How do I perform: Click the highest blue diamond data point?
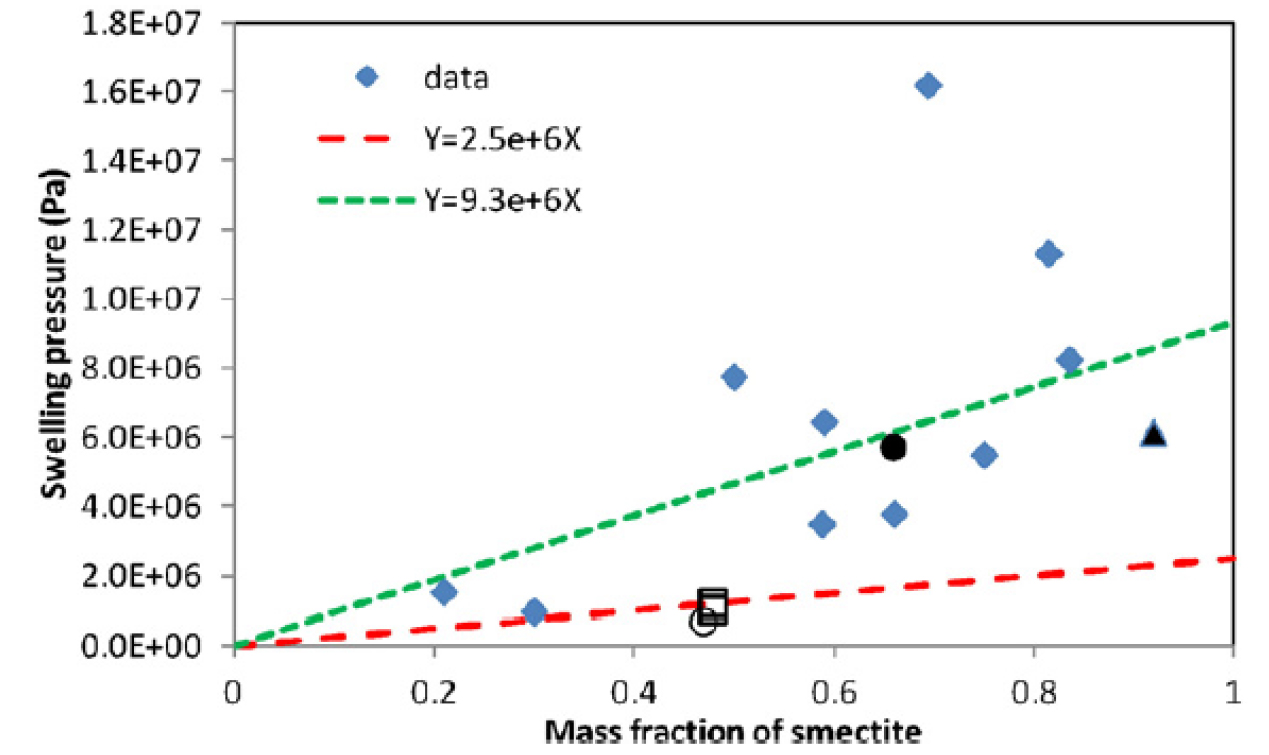pos(927,86)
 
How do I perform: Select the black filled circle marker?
pos(893,447)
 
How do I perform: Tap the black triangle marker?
pos(1153,434)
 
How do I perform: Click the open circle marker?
pos(702,621)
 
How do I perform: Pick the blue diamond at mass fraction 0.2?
pos(444,591)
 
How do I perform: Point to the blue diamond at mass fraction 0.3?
pos(534,611)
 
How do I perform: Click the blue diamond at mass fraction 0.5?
pos(734,377)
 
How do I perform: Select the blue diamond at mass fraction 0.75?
pos(984,456)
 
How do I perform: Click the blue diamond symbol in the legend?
pos(367,77)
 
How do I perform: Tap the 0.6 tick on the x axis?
pos(833,690)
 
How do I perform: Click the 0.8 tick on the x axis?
pos(1033,690)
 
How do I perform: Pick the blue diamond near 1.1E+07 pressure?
pos(1048,254)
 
